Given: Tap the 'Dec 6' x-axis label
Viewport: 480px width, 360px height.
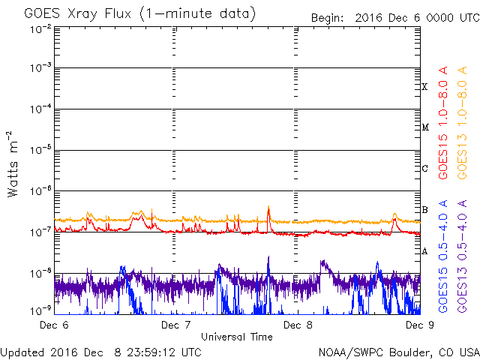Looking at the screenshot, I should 52,325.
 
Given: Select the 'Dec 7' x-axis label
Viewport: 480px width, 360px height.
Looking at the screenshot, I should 175,325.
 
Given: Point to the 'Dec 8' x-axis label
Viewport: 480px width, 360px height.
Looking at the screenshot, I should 298,325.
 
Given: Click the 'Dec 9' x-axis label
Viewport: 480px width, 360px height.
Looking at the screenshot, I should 418,325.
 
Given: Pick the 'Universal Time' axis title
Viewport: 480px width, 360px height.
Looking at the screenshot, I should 236,337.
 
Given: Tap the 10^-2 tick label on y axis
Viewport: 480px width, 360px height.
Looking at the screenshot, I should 40,28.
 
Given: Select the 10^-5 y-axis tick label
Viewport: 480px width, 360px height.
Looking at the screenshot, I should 40,149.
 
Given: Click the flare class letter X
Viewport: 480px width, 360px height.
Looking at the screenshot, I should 424,87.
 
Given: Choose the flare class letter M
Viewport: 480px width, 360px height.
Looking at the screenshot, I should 424,127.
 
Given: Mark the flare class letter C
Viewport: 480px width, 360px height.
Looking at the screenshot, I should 424,168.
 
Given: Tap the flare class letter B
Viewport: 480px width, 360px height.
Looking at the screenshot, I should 424,209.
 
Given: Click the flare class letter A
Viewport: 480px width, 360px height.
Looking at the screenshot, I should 424,250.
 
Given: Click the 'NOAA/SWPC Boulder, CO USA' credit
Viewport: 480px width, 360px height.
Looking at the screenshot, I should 398,351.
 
